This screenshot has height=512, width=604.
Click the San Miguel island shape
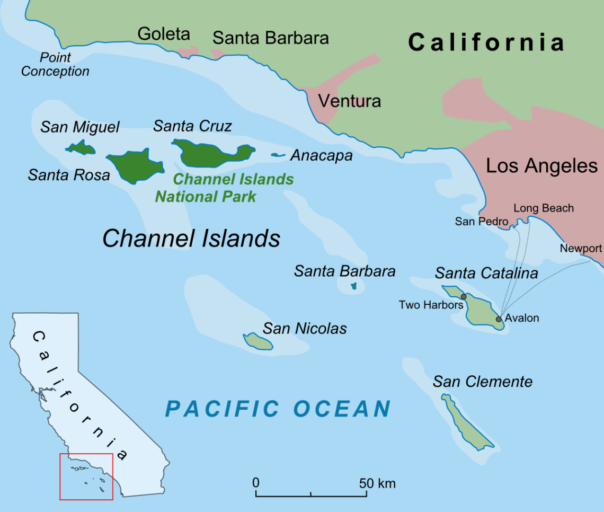pos(81,148)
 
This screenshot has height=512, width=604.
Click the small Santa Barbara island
pos(354,286)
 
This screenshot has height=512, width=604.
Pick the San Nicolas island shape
pos(258,342)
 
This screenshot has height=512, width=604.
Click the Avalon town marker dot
pos(499,319)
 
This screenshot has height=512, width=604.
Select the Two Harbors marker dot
pos(464,297)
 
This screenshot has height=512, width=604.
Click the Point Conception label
pos(55,64)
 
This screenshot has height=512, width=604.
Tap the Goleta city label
pos(164,34)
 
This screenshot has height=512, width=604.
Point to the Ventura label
pos(349,101)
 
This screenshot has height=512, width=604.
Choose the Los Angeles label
pos(542,166)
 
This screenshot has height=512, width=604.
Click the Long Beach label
pos(544,208)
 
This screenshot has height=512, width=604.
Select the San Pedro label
pos(482,222)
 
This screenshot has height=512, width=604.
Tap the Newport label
pos(581,249)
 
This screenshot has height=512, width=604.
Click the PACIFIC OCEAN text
pos(278,409)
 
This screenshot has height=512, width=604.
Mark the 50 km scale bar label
pos(377,483)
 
